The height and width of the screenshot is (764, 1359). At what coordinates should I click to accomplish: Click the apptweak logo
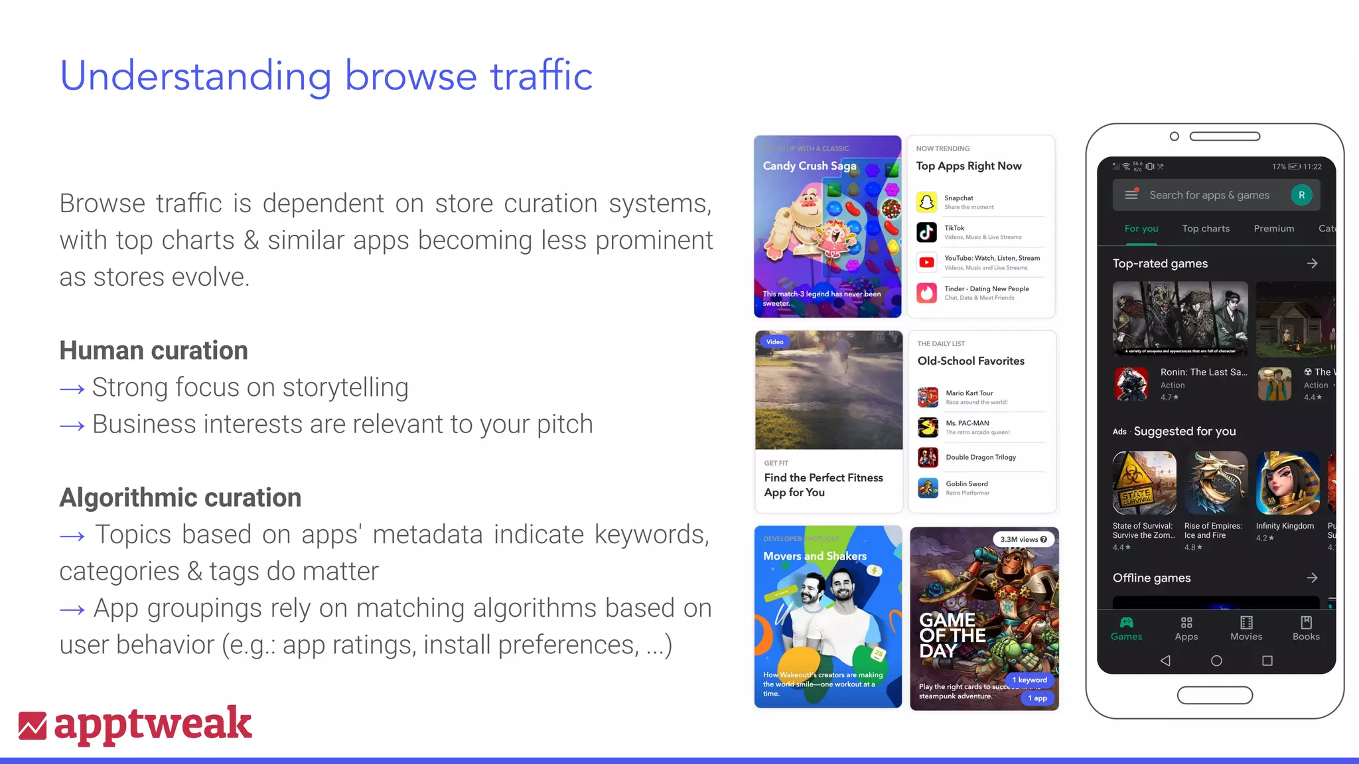pyautogui.click(x=135, y=724)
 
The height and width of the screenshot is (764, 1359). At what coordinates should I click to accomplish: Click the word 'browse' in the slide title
pyautogui.click(x=410, y=76)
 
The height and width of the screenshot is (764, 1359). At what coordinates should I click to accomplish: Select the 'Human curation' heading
pyautogui.click(x=153, y=350)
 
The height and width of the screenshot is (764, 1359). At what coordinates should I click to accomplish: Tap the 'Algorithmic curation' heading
pyautogui.click(x=180, y=497)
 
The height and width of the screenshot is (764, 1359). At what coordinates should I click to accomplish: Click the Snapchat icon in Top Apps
pyautogui.click(x=927, y=202)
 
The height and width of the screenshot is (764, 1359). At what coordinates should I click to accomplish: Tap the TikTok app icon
pyautogui.click(x=927, y=231)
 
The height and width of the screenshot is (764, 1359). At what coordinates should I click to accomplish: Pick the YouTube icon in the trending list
pyautogui.click(x=927, y=262)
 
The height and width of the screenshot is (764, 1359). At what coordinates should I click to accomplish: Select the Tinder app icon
pyautogui.click(x=927, y=292)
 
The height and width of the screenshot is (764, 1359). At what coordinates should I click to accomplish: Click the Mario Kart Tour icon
pyautogui.click(x=928, y=397)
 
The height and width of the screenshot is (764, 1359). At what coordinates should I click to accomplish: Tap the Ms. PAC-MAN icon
pyautogui.click(x=928, y=427)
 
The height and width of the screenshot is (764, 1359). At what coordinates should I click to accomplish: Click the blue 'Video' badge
pyautogui.click(x=774, y=342)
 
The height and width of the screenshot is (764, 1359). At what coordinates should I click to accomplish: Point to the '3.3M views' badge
pyautogui.click(x=1023, y=539)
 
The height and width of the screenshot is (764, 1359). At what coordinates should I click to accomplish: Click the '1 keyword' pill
pyautogui.click(x=1029, y=680)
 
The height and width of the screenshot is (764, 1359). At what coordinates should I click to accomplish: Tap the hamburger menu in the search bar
pyautogui.click(x=1131, y=195)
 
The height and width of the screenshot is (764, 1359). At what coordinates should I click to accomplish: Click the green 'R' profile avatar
pyautogui.click(x=1301, y=195)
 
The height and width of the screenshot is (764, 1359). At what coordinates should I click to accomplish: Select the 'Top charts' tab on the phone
pyautogui.click(x=1206, y=228)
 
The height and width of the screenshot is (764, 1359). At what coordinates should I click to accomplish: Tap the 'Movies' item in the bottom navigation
pyautogui.click(x=1246, y=627)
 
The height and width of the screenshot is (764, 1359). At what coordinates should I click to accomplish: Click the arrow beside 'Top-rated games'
pyautogui.click(x=1312, y=263)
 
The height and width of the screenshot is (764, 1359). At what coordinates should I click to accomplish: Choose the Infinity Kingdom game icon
pyautogui.click(x=1287, y=483)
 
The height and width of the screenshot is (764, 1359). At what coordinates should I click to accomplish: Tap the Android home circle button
pyautogui.click(x=1216, y=661)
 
